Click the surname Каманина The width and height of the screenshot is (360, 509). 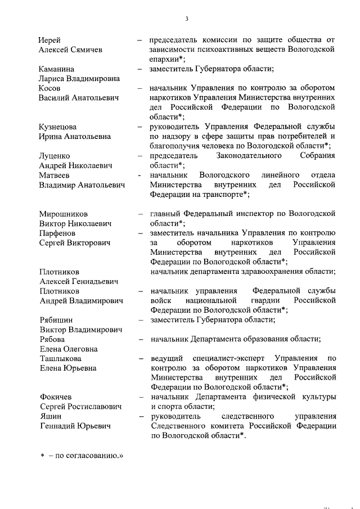click(x=56, y=69)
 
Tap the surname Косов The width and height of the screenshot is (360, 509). click(x=51, y=88)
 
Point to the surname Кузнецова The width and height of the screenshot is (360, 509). click(x=58, y=127)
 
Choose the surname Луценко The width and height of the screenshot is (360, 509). click(x=55, y=156)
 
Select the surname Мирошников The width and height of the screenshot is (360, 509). click(x=63, y=214)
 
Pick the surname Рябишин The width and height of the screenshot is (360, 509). click(x=56, y=320)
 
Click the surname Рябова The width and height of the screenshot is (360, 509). click(x=52, y=339)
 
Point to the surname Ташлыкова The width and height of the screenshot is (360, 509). click(x=60, y=358)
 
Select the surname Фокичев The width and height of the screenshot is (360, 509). click(x=56, y=397)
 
